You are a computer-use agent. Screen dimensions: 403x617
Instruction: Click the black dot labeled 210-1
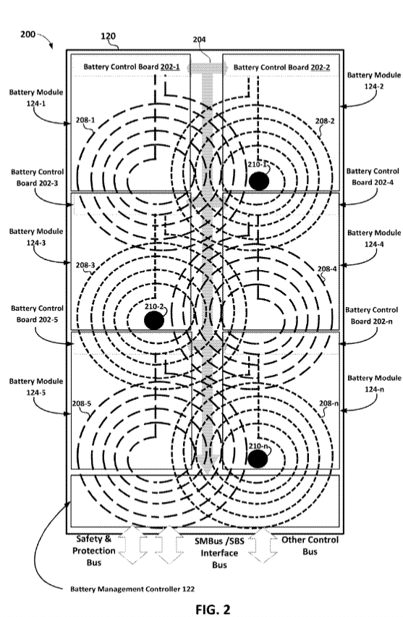coord(259,181)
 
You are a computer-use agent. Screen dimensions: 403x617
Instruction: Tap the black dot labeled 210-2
coord(153,320)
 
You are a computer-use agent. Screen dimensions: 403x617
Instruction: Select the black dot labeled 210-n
coord(258,459)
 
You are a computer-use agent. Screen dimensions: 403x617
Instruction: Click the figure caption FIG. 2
coord(213,609)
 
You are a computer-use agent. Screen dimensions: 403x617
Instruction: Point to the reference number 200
coord(28,34)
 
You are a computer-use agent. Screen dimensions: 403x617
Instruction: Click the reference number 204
coord(200,39)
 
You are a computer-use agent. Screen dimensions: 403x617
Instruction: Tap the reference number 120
coord(108,36)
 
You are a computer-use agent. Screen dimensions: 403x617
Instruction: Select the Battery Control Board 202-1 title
coord(132,67)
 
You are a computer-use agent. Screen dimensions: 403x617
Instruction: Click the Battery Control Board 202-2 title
coord(281,67)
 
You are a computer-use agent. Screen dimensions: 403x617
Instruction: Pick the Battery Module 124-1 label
coord(35,98)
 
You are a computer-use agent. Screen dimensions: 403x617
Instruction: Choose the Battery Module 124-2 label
coord(374,80)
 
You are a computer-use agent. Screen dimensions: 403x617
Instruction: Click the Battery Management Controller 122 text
coord(132,589)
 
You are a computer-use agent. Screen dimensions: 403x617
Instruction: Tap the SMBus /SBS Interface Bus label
coord(219,553)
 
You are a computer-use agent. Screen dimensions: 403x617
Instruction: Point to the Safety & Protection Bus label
coord(94,550)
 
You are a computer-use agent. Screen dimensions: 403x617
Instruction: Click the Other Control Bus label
coord(310,545)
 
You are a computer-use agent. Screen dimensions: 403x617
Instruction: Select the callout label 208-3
coord(85,265)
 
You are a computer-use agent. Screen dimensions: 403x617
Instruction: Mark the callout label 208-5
coord(81,403)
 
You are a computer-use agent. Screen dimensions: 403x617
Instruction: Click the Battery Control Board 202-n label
coord(372,316)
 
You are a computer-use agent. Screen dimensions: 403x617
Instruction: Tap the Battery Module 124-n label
coord(374,384)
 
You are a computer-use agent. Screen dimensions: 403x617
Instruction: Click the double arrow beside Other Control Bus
coord(263,545)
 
